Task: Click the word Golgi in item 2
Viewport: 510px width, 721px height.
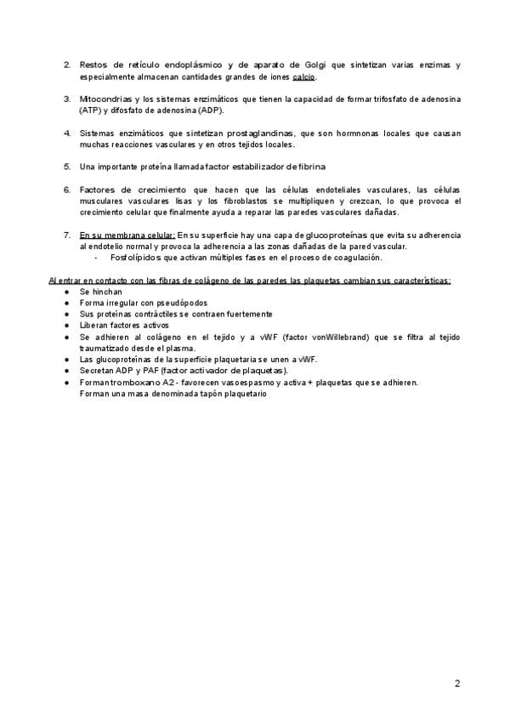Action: (x=316, y=65)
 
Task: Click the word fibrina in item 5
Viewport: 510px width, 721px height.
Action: (x=311, y=166)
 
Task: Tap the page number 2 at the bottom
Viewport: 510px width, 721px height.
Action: (x=457, y=684)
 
